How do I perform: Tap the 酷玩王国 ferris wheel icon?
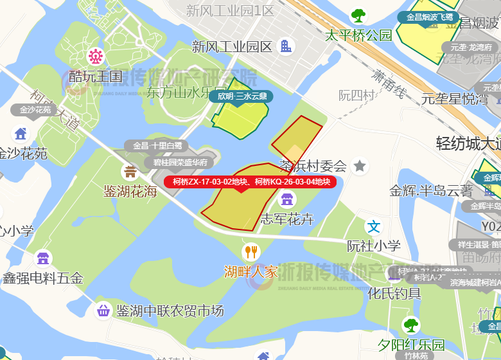pos(96,57)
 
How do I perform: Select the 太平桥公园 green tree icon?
pos(358,15)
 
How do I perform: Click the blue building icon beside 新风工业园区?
pos(286,46)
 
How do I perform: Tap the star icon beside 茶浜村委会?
pos(360,166)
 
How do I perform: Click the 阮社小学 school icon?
pos(374,226)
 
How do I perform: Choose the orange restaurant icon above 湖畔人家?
pos(251,252)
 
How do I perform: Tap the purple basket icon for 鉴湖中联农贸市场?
pos(103,311)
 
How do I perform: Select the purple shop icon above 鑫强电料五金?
pos(43,258)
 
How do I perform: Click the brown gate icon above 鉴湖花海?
pos(130,172)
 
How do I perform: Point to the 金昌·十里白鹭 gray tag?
pos(157,146)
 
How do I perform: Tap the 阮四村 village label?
pos(356,95)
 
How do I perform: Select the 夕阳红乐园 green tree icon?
pos(410,325)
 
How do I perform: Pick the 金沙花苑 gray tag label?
pos(35,110)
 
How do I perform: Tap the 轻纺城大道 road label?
pos(468,143)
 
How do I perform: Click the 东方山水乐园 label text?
pos(187,92)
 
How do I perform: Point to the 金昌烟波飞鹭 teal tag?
pos(430,17)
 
